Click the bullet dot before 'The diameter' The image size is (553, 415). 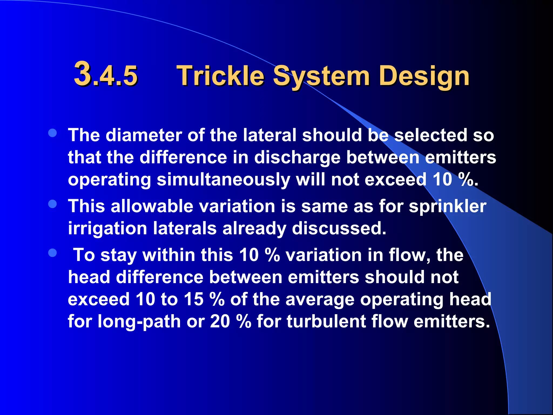tap(52, 133)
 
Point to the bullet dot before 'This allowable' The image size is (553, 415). tap(52, 204)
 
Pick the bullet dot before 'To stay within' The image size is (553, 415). tap(52, 253)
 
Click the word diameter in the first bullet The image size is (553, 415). tap(144, 135)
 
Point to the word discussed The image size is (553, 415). tap(339, 229)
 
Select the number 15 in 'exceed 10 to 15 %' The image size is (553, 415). tap(193, 300)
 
